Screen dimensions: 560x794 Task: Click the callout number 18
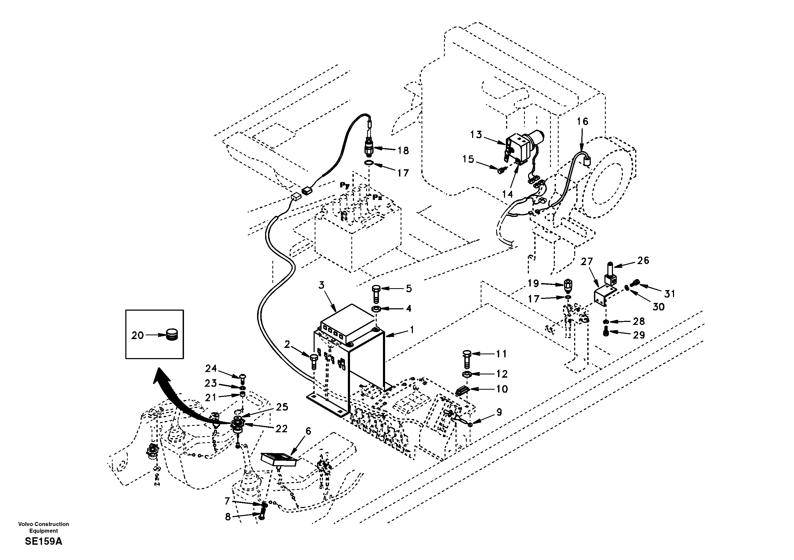click(x=403, y=151)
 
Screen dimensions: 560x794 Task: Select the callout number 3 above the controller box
click(x=322, y=285)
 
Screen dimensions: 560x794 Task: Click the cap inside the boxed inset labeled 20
click(x=172, y=335)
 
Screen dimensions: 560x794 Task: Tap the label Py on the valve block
click(x=344, y=185)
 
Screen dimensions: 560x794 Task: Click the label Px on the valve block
click(x=377, y=197)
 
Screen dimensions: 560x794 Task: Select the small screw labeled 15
click(x=501, y=170)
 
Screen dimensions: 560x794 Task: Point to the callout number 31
click(x=669, y=294)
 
